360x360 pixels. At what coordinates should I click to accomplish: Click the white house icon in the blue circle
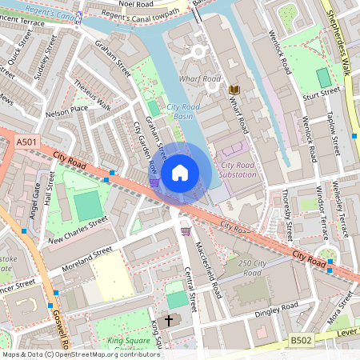click(x=180, y=172)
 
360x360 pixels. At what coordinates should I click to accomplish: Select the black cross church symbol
click(x=168, y=320)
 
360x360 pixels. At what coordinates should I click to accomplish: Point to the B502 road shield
click(x=301, y=341)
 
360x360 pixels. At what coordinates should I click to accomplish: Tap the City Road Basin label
click(x=184, y=111)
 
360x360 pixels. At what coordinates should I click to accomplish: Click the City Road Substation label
click(x=234, y=170)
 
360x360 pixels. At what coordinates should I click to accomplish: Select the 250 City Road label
click(x=250, y=268)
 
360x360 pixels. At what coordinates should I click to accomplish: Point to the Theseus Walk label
click(x=91, y=97)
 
